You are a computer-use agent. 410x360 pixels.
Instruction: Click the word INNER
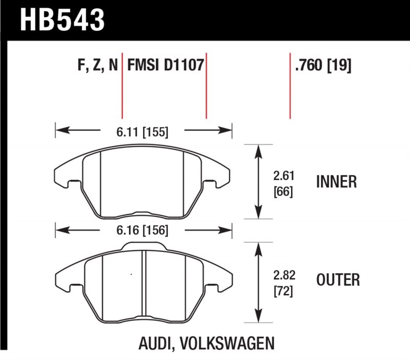pyautogui.click(x=336, y=182)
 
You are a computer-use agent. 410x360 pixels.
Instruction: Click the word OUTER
pyautogui.click(x=338, y=280)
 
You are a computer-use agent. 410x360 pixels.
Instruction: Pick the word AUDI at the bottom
pyautogui.click(x=154, y=343)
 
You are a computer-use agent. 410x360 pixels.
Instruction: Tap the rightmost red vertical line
pyautogui.click(x=290, y=85)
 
